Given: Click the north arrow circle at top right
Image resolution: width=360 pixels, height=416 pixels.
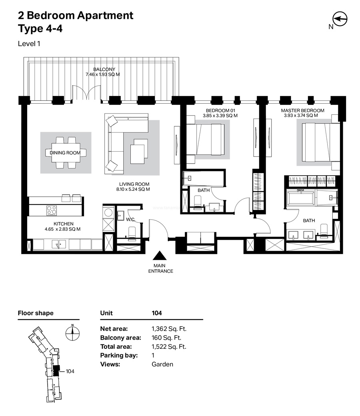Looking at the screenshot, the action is click(x=340, y=19).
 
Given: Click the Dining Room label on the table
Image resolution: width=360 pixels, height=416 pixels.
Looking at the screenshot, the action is click(x=65, y=153).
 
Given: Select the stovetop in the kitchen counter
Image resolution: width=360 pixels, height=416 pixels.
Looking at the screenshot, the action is click(x=52, y=211).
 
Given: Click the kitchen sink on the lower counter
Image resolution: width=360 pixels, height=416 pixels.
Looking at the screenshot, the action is click(x=59, y=244).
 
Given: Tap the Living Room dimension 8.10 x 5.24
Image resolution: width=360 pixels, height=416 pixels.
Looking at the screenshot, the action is click(x=133, y=190).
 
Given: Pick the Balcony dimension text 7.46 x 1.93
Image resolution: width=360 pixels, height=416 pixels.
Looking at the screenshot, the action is click(x=103, y=74).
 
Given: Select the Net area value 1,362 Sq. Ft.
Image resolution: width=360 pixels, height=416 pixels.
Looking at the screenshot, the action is click(x=169, y=329).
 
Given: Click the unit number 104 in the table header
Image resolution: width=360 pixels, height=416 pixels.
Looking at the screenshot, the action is click(x=157, y=313).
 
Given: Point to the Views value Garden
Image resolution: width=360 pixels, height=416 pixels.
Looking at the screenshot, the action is click(x=162, y=364).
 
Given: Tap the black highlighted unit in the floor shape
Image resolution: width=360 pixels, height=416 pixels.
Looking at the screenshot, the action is click(x=56, y=371).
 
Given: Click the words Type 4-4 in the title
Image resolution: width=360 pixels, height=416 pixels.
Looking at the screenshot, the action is click(x=40, y=29).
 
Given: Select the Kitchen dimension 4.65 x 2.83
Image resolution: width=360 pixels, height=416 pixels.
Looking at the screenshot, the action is click(x=63, y=229).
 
